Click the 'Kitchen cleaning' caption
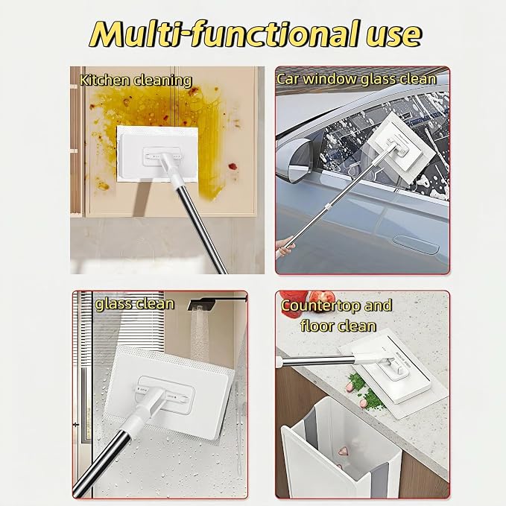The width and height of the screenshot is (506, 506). coord(136,80)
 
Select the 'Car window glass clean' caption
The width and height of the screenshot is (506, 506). coord(357,80)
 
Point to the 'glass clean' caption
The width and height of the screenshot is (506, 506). coord(135,304)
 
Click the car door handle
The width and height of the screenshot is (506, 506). coord(417,244)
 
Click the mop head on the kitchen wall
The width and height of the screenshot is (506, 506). coord(157,154)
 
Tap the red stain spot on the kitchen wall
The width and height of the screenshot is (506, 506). coord(233,166)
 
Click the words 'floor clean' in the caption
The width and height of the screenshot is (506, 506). coord(338,326)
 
